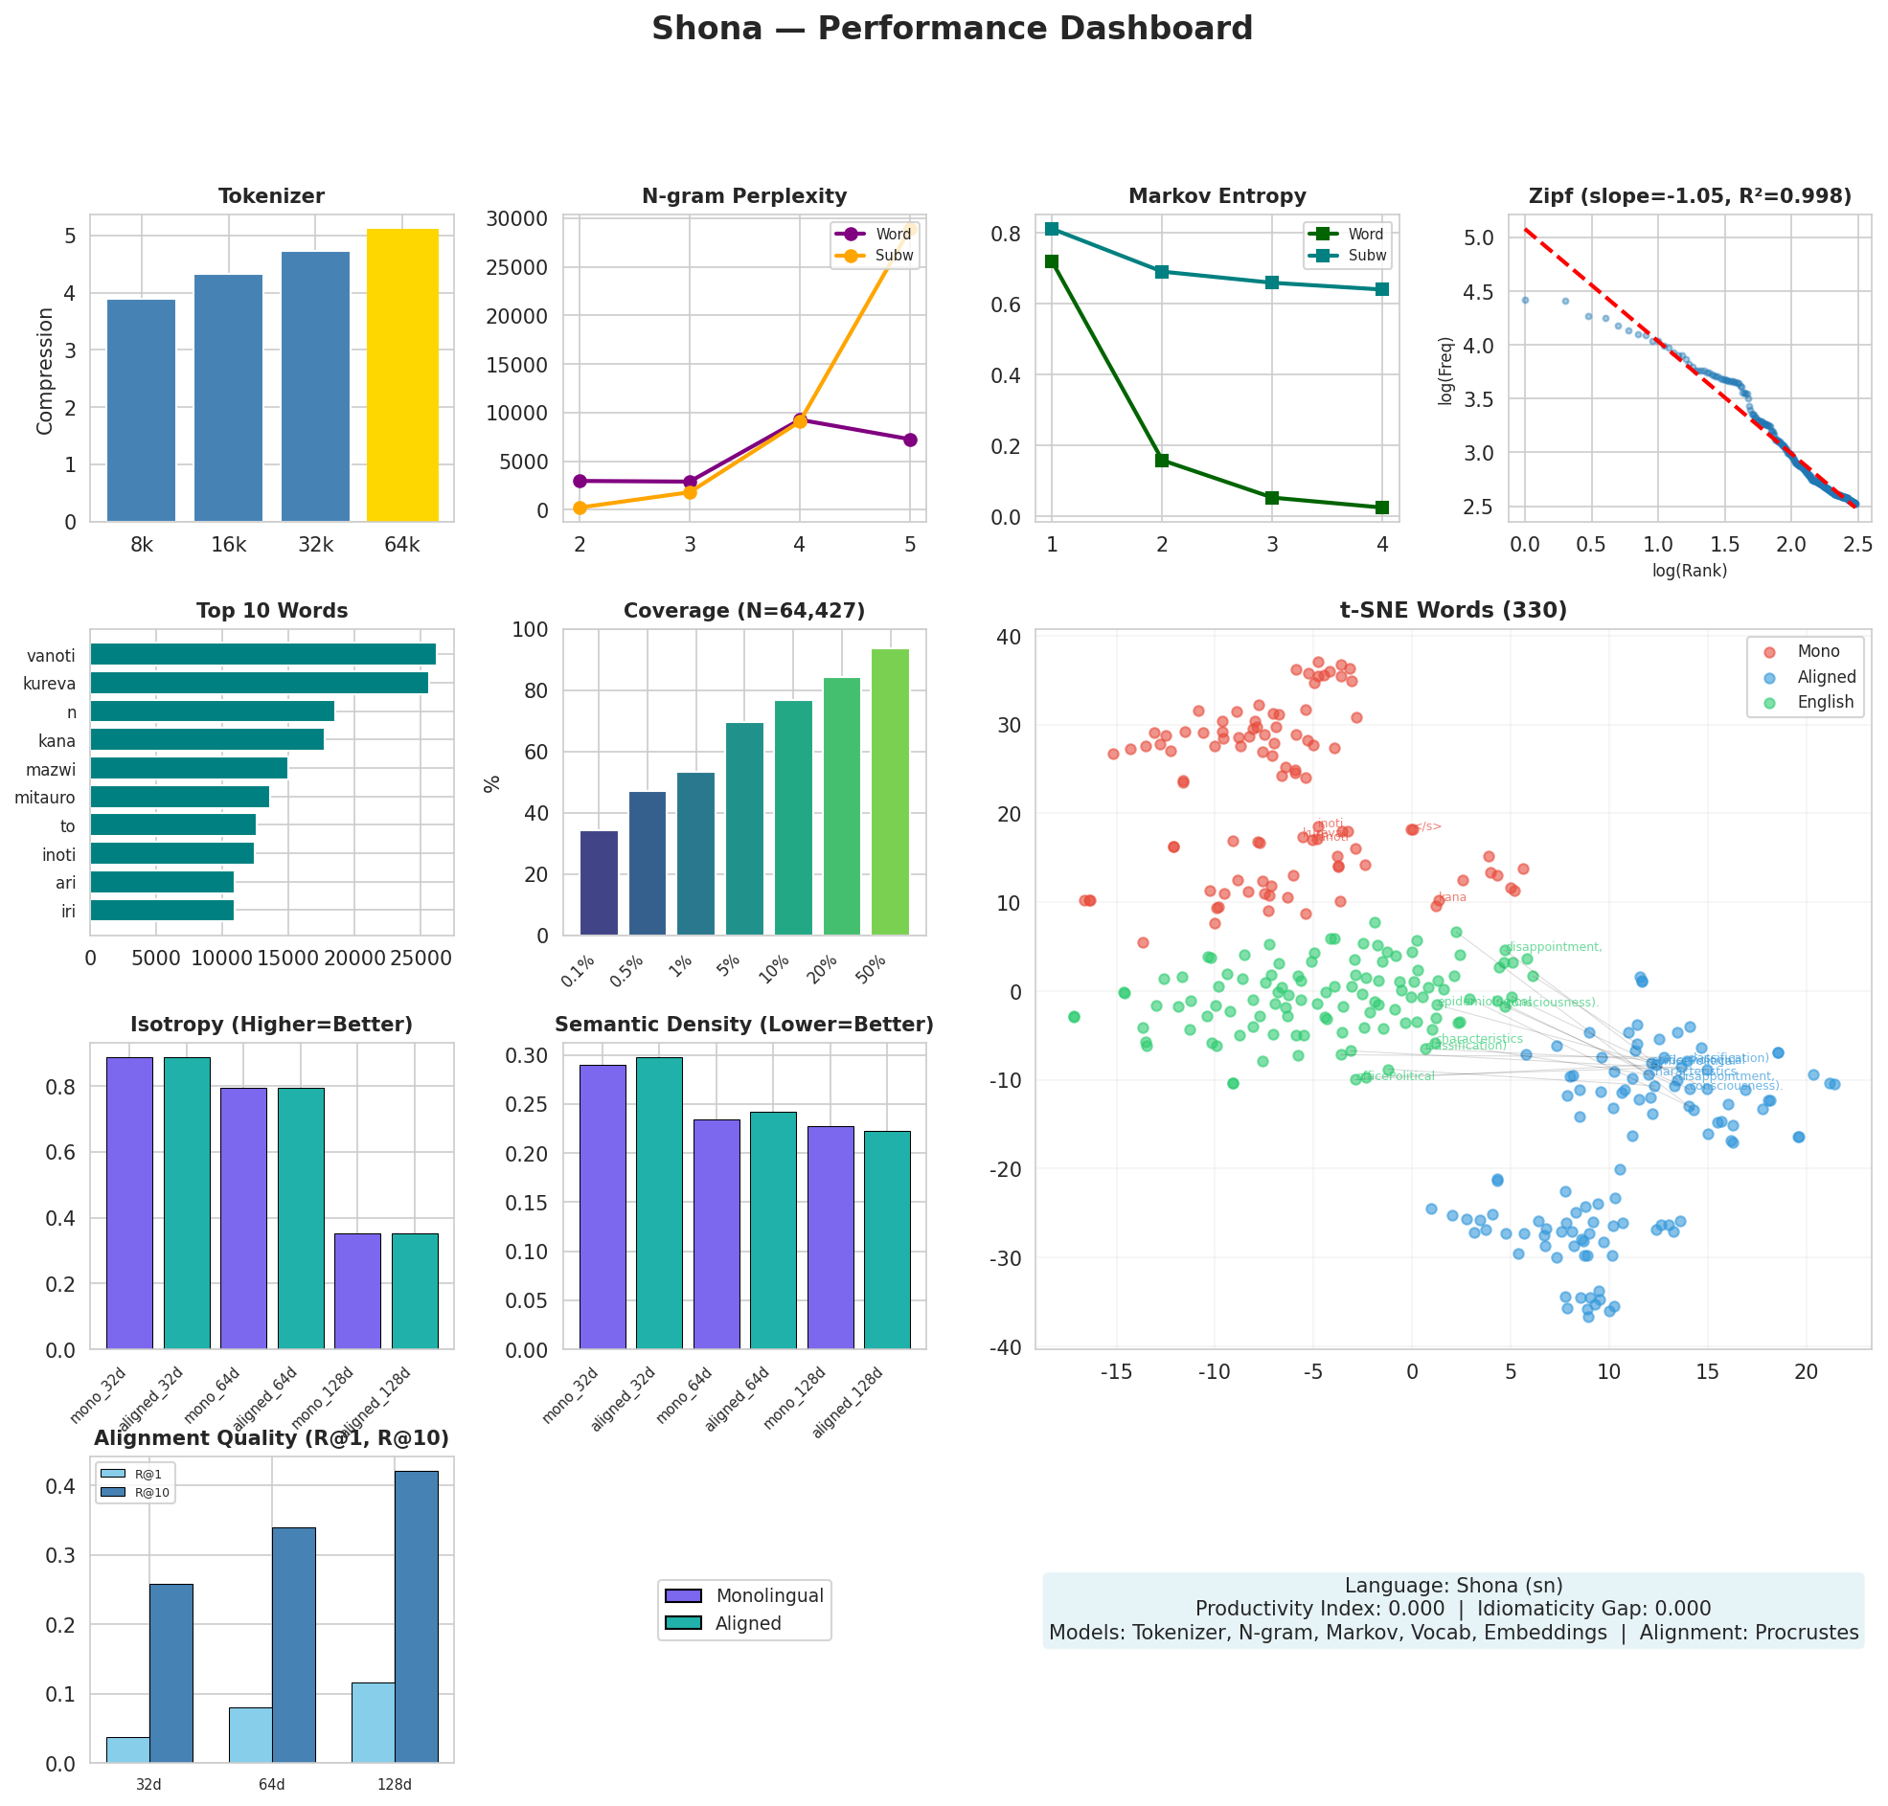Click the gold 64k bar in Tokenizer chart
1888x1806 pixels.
click(401, 375)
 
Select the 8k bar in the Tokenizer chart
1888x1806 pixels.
click(141, 410)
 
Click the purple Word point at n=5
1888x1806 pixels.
click(909, 439)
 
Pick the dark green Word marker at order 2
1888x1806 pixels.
click(1161, 461)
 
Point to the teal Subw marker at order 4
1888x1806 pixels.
click(1381, 289)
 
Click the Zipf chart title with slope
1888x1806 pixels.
click(1689, 196)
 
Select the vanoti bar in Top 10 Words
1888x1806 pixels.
click(262, 655)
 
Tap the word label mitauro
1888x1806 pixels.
click(45, 797)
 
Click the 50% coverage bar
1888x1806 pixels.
click(889, 791)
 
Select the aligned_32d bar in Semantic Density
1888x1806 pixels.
click(658, 1203)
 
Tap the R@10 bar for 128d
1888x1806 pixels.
click(416, 1616)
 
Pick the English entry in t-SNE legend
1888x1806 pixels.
click(1824, 702)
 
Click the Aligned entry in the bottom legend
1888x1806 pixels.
click(747, 1623)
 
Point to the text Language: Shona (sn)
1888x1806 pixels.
click(1453, 1586)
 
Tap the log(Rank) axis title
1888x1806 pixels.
click(1689, 570)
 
